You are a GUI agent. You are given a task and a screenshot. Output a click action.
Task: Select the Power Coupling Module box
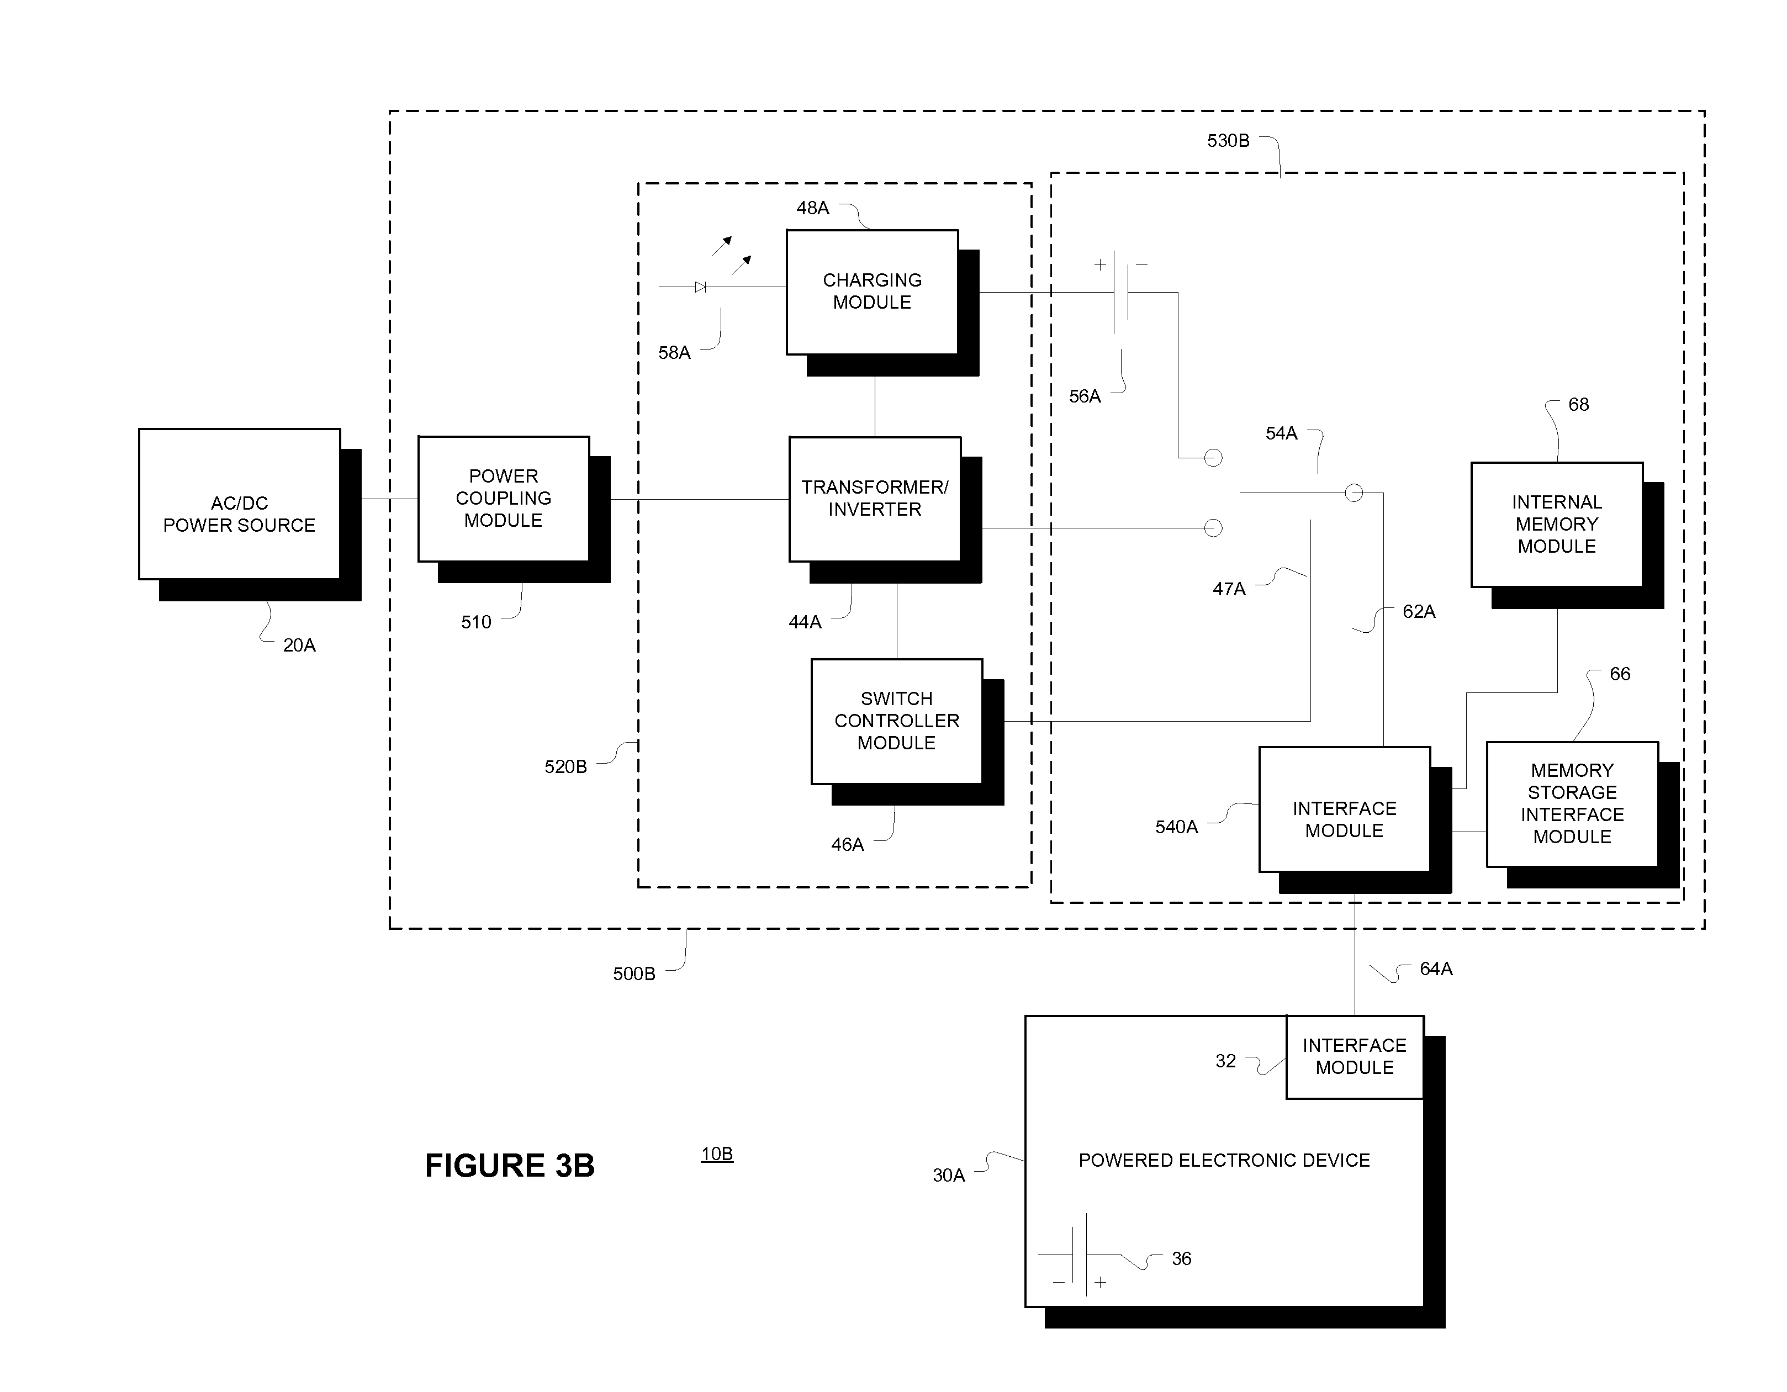point(503,499)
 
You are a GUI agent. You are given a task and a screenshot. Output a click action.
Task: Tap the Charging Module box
point(872,292)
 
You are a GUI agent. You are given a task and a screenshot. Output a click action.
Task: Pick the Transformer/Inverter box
point(875,499)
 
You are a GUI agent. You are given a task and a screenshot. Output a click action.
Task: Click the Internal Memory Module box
point(1556,525)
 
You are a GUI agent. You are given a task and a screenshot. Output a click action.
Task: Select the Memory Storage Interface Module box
point(1572,803)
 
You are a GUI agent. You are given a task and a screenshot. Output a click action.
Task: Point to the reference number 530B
point(1228,141)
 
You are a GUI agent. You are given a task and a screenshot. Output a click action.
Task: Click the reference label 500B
point(634,974)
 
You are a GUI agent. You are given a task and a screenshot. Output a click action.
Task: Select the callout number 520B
point(565,767)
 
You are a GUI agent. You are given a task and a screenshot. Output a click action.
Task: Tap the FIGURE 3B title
point(509,1165)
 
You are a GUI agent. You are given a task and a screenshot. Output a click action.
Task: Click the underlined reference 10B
point(717,1154)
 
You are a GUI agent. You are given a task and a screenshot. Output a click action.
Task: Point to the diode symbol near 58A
point(700,287)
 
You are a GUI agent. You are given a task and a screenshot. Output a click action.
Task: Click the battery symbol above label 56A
point(1121,292)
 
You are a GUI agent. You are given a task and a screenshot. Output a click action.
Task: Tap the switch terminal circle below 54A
point(1354,493)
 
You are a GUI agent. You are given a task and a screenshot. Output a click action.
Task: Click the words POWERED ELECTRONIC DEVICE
point(1224,1161)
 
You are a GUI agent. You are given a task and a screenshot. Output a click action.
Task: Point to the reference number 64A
point(1436,969)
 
